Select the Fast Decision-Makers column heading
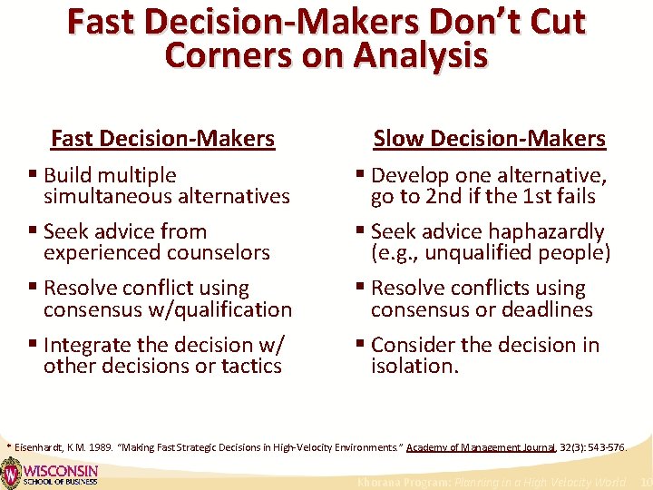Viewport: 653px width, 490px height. click(x=162, y=139)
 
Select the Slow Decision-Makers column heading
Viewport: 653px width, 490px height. click(x=489, y=139)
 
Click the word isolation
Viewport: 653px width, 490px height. click(x=414, y=366)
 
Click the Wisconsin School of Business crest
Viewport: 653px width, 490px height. click(x=11, y=474)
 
